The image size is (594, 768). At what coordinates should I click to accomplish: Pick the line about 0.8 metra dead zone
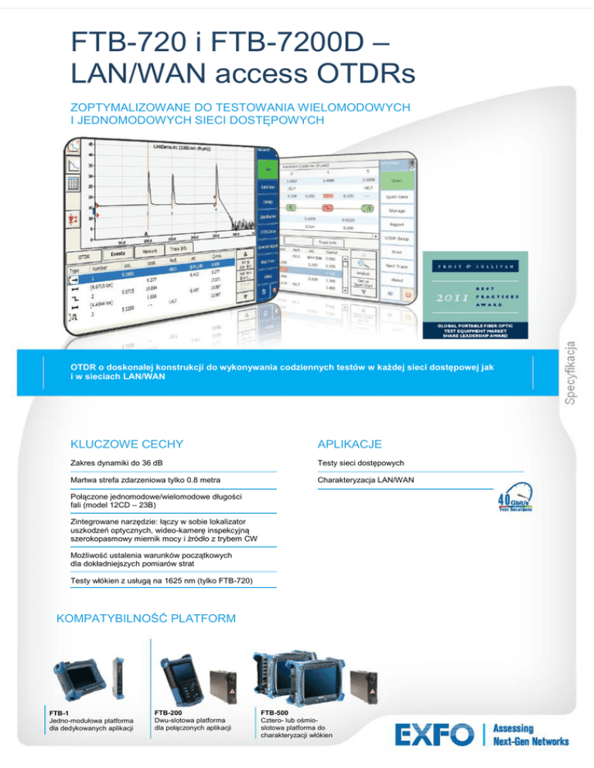tap(135, 480)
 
